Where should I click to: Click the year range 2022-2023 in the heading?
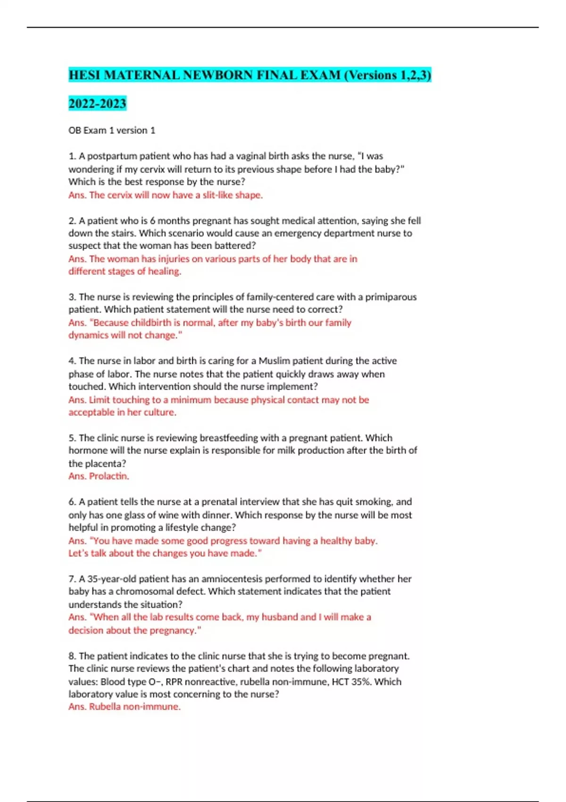(x=97, y=103)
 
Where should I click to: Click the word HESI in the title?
(x=84, y=75)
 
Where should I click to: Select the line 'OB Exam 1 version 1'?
(x=112, y=130)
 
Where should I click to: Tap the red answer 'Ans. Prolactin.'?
(x=99, y=476)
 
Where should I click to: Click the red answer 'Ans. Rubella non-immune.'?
(x=125, y=707)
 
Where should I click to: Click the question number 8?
(x=72, y=656)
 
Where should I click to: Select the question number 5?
(x=72, y=438)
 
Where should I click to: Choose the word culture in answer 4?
(x=160, y=412)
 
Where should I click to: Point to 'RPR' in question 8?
(x=174, y=682)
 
